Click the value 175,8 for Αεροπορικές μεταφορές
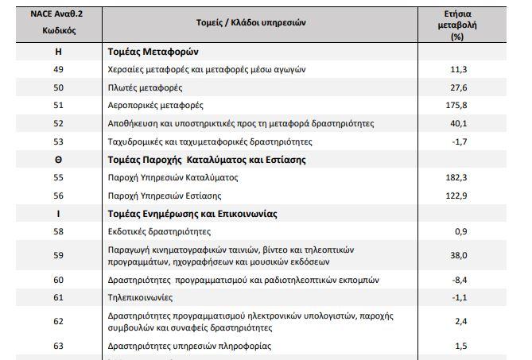click(x=457, y=105)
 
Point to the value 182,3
click(x=457, y=177)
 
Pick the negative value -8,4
click(x=460, y=280)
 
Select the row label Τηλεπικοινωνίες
click(x=140, y=298)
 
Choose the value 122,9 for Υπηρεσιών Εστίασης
click(x=457, y=195)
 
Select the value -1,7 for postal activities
click(x=460, y=141)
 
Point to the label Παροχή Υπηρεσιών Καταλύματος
click(x=173, y=177)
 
